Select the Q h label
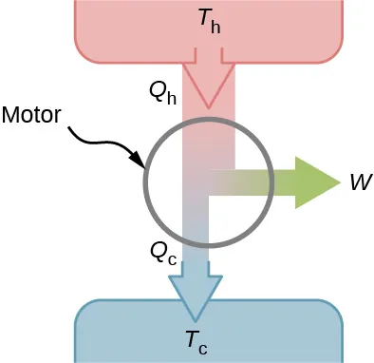click(x=163, y=91)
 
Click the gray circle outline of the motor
click(x=144, y=181)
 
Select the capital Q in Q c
click(x=158, y=251)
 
